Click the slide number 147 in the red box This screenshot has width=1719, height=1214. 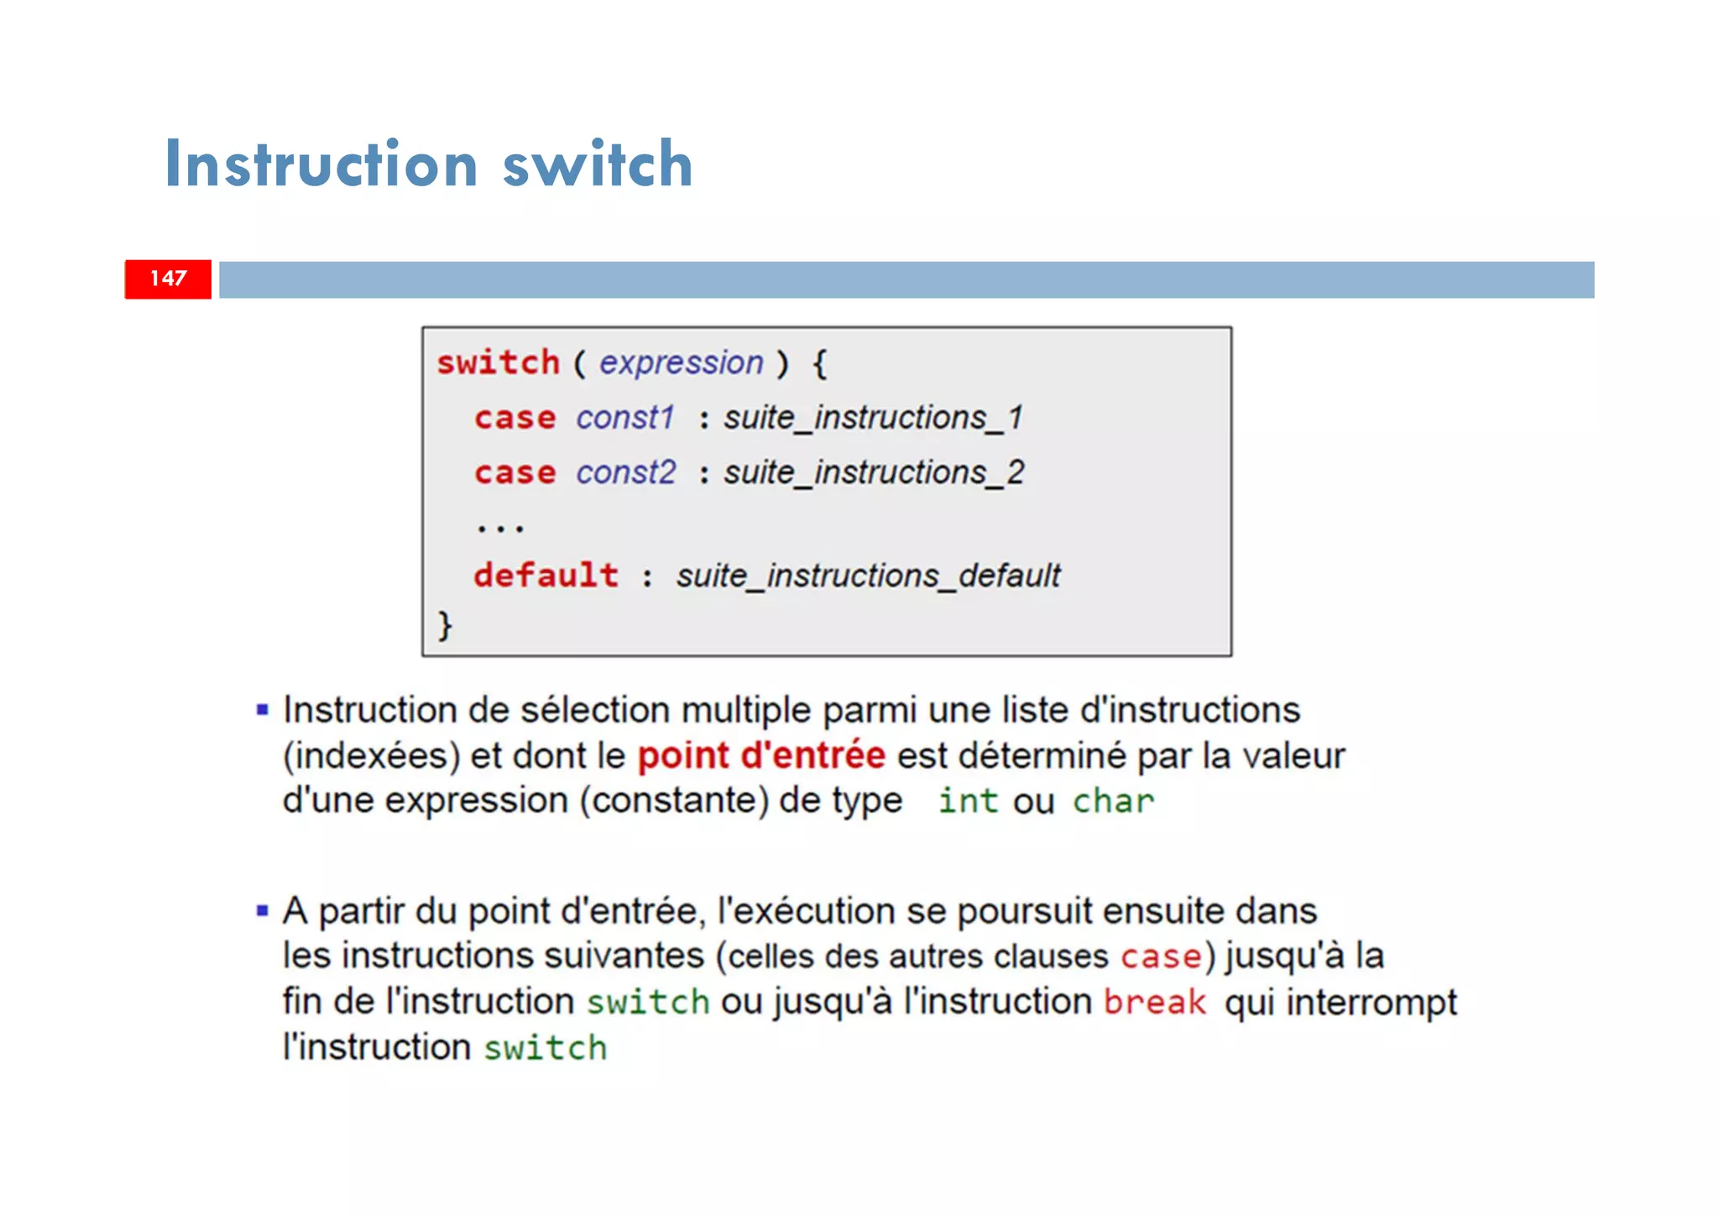(168, 279)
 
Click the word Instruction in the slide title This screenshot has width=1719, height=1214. (321, 164)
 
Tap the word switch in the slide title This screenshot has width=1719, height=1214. (598, 164)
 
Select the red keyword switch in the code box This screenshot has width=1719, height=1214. (498, 362)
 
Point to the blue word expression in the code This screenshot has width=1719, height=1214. (681, 362)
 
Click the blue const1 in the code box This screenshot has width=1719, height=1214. (625, 417)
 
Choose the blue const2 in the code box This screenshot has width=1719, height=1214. (625, 472)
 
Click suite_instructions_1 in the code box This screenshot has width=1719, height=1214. (873, 417)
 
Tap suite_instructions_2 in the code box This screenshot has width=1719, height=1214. (873, 472)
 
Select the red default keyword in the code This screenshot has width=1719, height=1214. (546, 576)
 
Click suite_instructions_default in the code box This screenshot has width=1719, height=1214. (868, 576)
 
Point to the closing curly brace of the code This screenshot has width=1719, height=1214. (445, 625)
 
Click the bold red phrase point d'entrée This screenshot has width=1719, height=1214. (761, 755)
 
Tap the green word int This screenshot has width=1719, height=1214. (968, 800)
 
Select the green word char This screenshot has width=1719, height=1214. (1113, 800)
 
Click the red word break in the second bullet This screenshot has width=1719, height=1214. (1154, 1002)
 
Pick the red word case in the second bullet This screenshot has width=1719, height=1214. (1161, 956)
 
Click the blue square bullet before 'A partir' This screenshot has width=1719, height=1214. (263, 910)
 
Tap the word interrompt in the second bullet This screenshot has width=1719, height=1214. (1372, 1002)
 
